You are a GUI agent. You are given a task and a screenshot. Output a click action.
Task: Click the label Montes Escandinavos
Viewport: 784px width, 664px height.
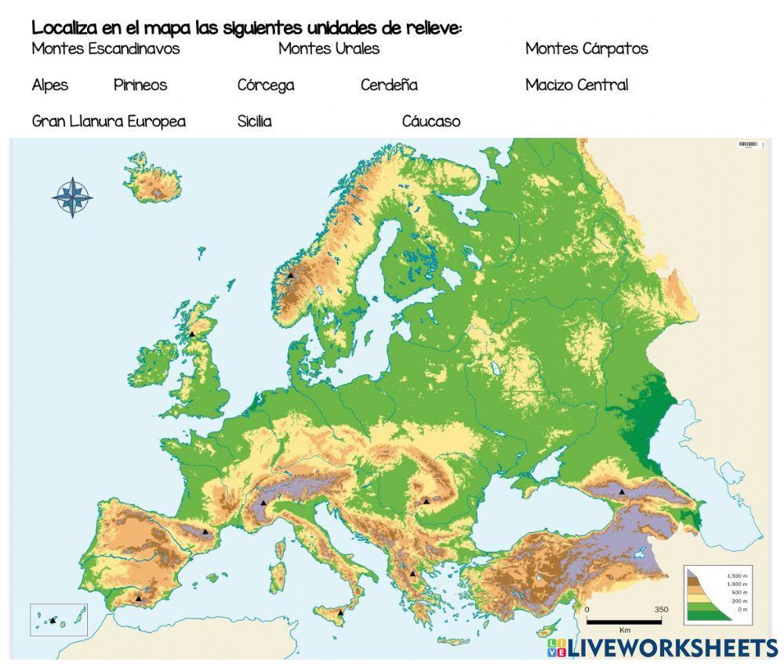tap(106, 49)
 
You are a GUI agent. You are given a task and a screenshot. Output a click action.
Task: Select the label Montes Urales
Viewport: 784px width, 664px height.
tap(328, 49)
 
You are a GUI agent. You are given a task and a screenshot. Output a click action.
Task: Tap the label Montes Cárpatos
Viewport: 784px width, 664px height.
tap(586, 49)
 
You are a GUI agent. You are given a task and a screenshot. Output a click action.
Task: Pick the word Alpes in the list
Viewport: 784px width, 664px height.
tap(50, 85)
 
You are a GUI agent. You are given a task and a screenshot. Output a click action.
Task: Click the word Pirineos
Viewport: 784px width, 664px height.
tap(140, 85)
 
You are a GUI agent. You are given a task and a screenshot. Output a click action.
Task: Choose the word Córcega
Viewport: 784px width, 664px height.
tap(266, 85)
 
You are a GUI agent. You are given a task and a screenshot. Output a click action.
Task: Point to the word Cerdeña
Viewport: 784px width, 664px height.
tap(389, 85)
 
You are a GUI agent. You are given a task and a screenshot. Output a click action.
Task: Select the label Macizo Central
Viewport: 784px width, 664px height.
tap(576, 85)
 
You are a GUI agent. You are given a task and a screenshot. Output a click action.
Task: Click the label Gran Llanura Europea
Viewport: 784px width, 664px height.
tap(109, 122)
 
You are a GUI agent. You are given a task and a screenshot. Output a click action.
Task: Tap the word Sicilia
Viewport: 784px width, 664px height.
tap(254, 122)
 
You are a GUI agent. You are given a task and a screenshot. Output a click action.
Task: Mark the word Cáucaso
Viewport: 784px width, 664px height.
tap(431, 122)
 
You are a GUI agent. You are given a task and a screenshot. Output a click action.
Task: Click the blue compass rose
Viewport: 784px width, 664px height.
tap(72, 197)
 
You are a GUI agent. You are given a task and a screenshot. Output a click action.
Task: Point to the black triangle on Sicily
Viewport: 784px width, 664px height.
tap(340, 611)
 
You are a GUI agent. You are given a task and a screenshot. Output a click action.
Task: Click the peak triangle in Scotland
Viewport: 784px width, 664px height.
tap(192, 334)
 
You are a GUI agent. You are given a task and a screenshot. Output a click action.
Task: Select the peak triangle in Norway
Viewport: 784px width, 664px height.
tap(290, 275)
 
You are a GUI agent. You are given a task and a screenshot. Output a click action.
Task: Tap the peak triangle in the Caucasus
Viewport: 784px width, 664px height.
tap(622, 491)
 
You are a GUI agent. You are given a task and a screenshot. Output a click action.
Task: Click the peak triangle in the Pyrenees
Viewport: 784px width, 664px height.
tap(205, 531)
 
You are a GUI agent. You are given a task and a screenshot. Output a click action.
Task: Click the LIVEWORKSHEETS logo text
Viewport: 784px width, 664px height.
tap(673, 648)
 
